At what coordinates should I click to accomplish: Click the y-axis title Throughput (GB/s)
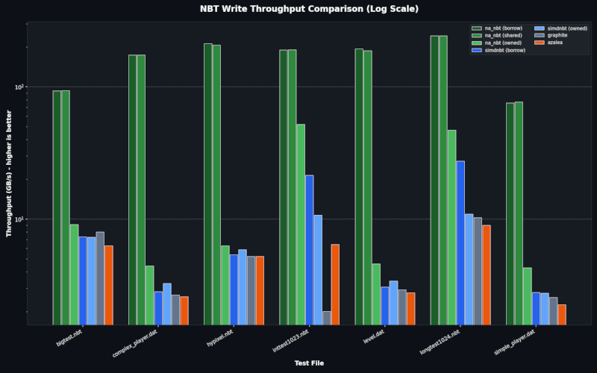(10, 172)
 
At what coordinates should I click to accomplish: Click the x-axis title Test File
(309, 363)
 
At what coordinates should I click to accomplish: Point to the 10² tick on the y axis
(19, 87)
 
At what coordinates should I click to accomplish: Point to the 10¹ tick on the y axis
(19, 219)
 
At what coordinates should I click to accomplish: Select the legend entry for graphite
(552, 35)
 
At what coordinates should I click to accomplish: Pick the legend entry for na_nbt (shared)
(501, 35)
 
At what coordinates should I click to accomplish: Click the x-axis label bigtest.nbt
(69, 339)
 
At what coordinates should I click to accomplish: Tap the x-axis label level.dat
(373, 338)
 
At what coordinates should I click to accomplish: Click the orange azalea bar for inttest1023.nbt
(335, 284)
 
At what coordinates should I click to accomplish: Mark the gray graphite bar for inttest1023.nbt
(326, 318)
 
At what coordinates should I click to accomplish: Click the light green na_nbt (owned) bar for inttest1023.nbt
(300, 224)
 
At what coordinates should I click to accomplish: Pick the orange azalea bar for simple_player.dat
(561, 314)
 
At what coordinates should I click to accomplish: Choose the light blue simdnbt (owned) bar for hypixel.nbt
(243, 286)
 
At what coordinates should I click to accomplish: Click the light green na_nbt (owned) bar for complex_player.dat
(149, 295)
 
